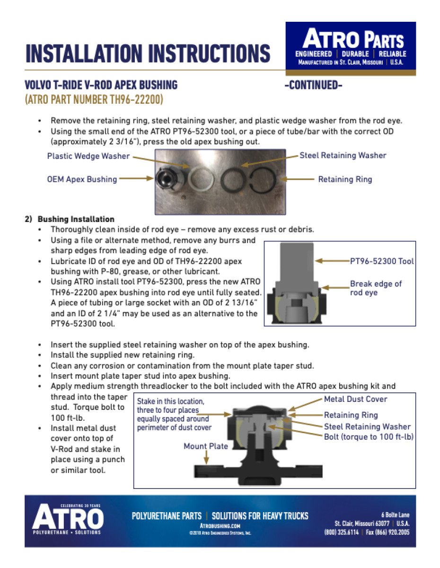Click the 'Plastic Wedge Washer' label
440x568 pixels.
pos(88,156)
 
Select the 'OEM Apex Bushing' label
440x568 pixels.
pos(82,179)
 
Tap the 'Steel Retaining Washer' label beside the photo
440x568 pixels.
pos(343,155)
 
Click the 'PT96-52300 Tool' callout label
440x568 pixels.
pos(382,261)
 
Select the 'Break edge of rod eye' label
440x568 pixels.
pos(375,288)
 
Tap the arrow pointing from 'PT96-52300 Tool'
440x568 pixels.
pos(332,261)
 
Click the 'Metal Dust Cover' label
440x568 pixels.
pos(355,399)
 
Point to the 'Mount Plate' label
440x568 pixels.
pos(206,446)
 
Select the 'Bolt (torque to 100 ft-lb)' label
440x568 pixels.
pos(369,436)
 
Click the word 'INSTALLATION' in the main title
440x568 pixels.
pos(83,53)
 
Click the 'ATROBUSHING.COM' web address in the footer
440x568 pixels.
pos(220,526)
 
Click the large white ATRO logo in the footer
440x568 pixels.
pos(67,519)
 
